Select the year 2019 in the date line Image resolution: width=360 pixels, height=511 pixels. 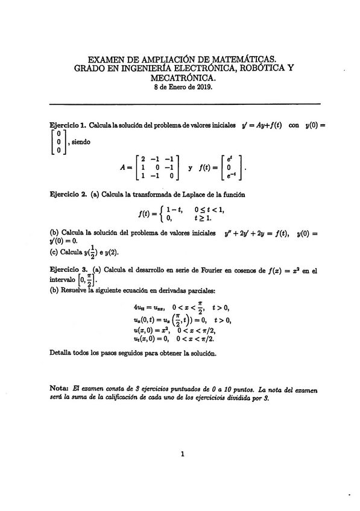[x=203, y=86]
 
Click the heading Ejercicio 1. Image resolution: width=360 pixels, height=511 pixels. [x=68, y=125]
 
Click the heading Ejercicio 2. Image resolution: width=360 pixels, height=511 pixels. [x=68, y=195]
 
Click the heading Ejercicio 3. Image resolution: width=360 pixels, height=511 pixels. [x=68, y=271]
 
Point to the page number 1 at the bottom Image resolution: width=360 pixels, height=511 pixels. [x=182, y=454]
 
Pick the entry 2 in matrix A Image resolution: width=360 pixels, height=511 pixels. [x=143, y=159]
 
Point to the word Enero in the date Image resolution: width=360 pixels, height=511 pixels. [x=178, y=86]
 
